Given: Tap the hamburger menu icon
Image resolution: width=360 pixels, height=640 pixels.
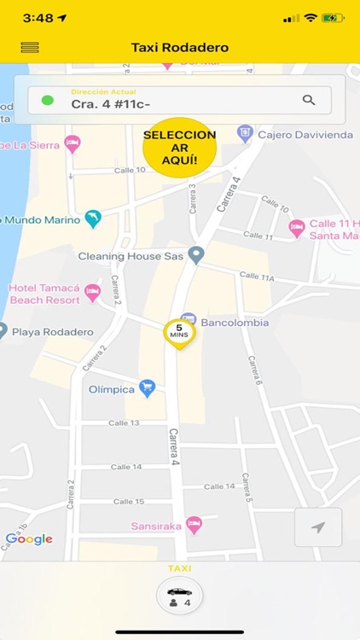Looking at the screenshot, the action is click(30, 48).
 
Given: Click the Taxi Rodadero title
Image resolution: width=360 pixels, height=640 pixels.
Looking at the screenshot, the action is click(180, 48).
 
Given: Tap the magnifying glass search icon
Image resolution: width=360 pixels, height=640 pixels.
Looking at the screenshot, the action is click(309, 100).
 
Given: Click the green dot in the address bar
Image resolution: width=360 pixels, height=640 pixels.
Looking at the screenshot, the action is click(48, 100).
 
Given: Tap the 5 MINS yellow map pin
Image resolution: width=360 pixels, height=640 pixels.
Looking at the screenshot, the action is click(179, 332).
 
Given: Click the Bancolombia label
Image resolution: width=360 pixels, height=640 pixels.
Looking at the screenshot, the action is click(235, 323).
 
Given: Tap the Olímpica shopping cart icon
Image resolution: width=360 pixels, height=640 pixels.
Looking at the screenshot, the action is click(147, 388).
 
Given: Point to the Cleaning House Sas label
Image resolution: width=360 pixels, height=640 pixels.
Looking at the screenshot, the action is click(131, 255).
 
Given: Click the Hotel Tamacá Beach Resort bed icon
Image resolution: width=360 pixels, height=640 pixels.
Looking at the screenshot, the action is click(92, 292).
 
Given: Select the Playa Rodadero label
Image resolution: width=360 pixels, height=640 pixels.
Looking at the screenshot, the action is click(53, 332).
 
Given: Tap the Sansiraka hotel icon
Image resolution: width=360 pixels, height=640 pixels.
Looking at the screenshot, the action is click(194, 526).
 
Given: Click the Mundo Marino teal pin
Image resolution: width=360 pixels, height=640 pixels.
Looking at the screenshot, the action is click(93, 218).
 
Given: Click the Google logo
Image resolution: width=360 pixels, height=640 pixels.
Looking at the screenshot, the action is click(29, 539).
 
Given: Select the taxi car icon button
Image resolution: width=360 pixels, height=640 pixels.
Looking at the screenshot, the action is click(179, 595).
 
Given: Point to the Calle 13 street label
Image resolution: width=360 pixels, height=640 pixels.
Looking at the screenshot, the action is click(124, 422).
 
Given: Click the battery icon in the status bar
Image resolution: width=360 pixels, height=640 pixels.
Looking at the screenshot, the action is click(332, 18).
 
